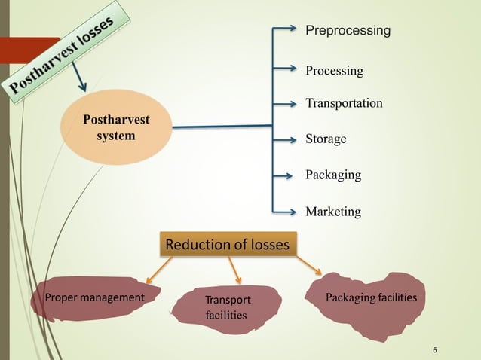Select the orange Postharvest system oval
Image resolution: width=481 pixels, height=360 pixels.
pos(116,127)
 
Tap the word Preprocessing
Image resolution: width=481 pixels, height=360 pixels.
pos(348,31)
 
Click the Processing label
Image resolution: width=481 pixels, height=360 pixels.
pos(334,71)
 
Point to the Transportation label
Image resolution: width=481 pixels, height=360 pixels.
pos(344,103)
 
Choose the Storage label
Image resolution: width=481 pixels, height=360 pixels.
pos(326,139)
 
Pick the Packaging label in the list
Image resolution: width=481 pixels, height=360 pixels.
pos(333,175)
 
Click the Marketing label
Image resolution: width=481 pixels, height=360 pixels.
pos(333,212)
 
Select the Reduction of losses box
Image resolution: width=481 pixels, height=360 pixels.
pos(228,244)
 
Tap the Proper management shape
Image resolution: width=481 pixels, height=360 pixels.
pos(94,297)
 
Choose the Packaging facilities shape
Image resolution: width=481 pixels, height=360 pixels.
pos(370,299)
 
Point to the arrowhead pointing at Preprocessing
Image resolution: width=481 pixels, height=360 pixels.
pos(294,30)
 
